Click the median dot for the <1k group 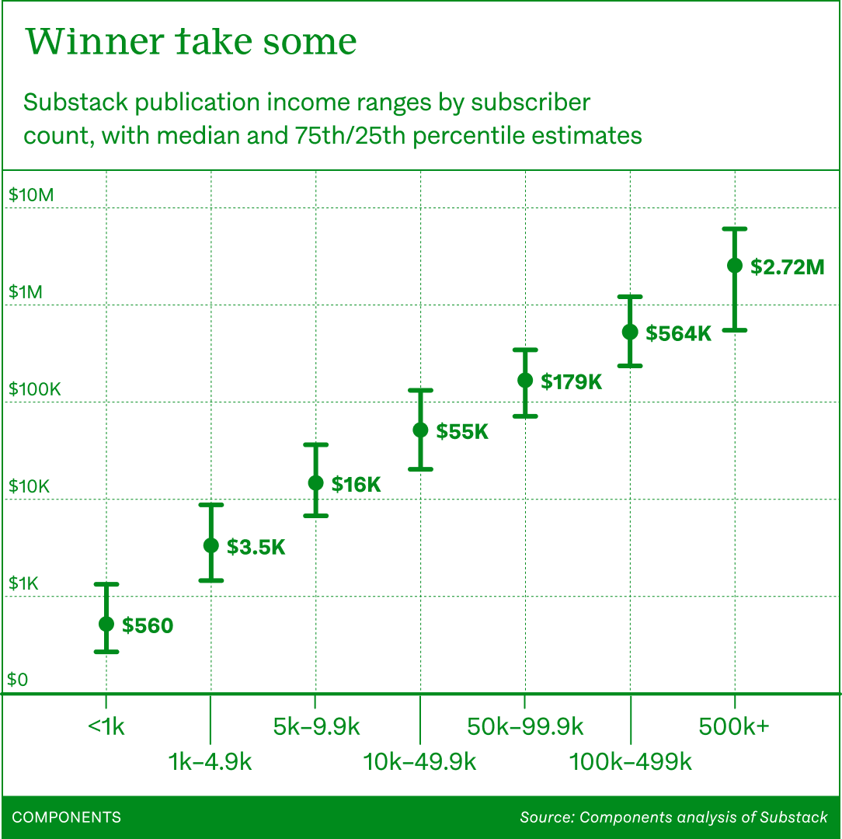point(106,624)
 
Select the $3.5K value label point(256,547)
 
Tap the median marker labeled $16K point(315,482)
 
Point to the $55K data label point(462,432)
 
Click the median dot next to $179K point(525,380)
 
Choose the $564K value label point(679,334)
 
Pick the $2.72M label point(787,267)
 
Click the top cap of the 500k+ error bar point(734,228)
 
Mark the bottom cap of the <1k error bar point(106,651)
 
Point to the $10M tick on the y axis point(31,194)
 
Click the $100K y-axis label point(34,389)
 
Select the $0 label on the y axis point(18,681)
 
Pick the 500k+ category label point(734,727)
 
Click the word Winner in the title point(91,41)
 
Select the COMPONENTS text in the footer point(67,817)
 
